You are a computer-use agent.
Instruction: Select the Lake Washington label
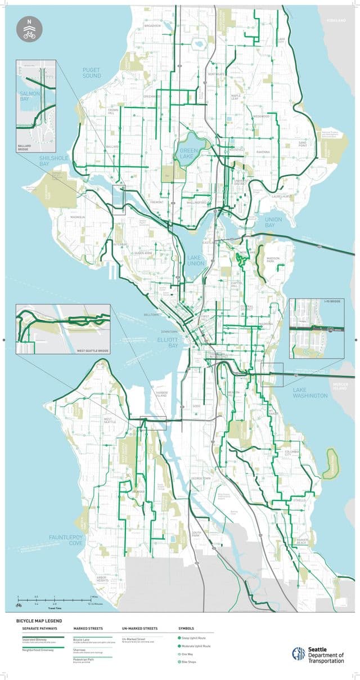309,392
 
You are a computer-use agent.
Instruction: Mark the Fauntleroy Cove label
65,540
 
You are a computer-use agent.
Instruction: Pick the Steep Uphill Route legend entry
195,638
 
